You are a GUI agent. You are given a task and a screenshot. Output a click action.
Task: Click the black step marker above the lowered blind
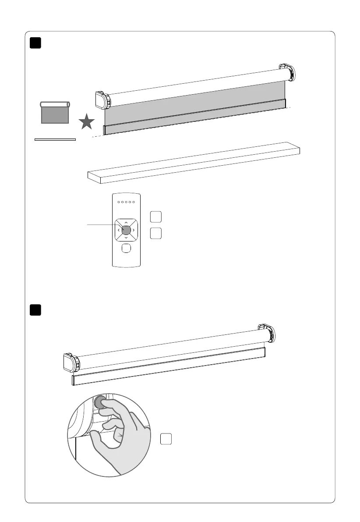(x=35, y=43)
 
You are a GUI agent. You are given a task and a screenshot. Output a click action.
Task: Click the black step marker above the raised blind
(x=35, y=309)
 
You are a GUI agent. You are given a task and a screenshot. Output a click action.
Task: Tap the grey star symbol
(x=87, y=122)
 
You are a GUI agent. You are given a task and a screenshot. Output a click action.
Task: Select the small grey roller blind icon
(x=55, y=113)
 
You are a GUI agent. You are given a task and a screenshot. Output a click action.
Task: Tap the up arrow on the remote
(x=126, y=221)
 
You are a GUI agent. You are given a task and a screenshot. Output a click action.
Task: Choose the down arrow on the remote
(x=126, y=237)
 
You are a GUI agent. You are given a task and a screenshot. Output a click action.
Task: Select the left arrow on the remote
(x=118, y=229)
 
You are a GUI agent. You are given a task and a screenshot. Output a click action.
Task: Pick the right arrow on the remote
(x=134, y=229)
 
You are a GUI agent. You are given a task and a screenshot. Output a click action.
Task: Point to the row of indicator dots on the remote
(x=126, y=202)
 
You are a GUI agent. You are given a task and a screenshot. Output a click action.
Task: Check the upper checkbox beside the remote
(x=155, y=217)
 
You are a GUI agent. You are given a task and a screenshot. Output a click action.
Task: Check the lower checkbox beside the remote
(x=155, y=234)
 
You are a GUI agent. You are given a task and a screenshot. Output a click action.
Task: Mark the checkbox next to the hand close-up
(x=166, y=439)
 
